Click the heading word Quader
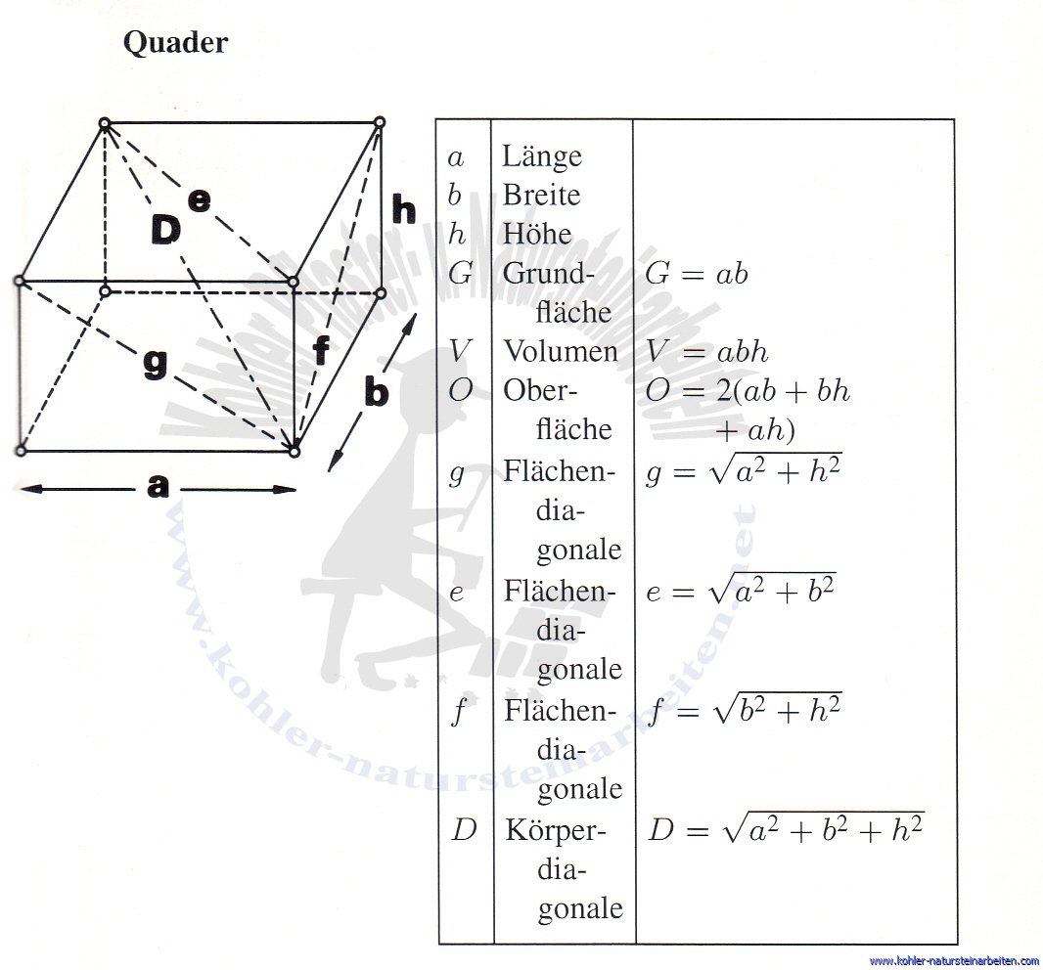(x=175, y=43)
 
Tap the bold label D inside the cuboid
(x=165, y=230)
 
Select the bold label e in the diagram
(x=199, y=200)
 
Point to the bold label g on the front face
(x=156, y=363)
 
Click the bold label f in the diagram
(x=321, y=350)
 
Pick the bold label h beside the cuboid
(x=404, y=208)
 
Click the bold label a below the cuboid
(x=158, y=486)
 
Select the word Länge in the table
(x=541, y=156)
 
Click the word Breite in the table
(x=541, y=195)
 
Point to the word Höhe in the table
(x=537, y=234)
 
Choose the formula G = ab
(x=697, y=273)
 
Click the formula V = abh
(x=707, y=351)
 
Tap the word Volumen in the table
(x=561, y=351)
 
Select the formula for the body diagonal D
(x=787, y=828)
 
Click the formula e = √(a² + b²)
(x=741, y=590)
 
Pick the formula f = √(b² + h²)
(x=745, y=709)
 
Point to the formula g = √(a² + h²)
(x=744, y=470)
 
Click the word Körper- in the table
(x=556, y=831)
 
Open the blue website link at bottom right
(x=954, y=960)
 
